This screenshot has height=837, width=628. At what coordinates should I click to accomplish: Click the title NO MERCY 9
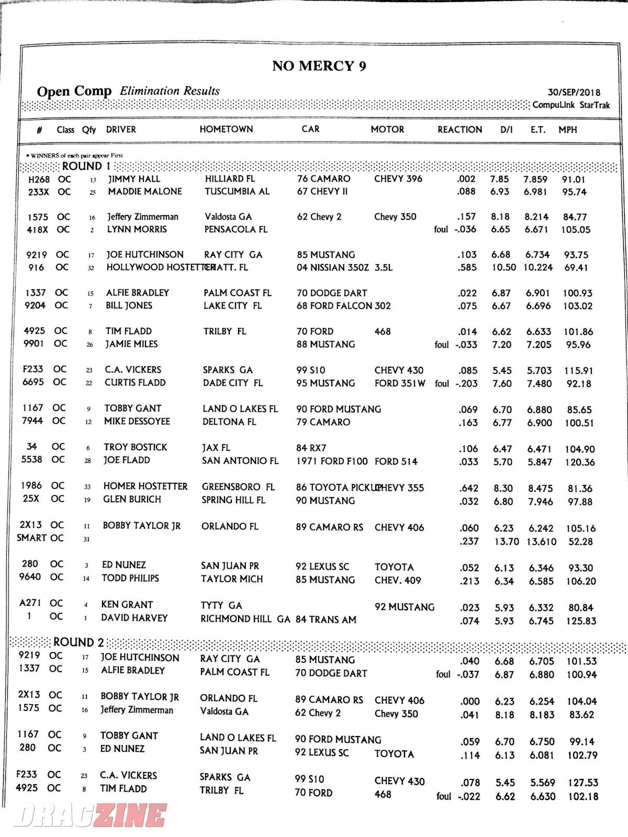pyautogui.click(x=319, y=66)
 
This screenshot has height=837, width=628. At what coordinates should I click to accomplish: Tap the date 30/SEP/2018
pyautogui.click(x=574, y=93)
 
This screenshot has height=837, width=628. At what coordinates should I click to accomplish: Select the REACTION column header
pyautogui.click(x=459, y=129)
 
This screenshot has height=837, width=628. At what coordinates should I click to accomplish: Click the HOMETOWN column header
pyautogui.click(x=226, y=129)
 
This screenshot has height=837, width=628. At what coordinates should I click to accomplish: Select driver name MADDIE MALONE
pyautogui.click(x=145, y=191)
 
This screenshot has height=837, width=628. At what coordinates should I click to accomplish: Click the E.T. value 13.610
pyautogui.click(x=541, y=541)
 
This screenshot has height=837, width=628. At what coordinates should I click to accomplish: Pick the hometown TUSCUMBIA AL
pyautogui.click(x=237, y=191)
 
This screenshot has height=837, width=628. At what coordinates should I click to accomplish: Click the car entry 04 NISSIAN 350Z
pyautogui.click(x=332, y=268)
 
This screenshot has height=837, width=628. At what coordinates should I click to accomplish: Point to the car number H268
pyautogui.click(x=39, y=179)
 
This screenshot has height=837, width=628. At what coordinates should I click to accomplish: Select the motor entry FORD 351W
pyautogui.click(x=400, y=383)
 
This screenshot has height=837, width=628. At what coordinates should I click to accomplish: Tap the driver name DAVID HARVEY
pyautogui.click(x=134, y=618)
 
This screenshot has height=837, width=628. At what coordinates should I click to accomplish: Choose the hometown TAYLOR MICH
pyautogui.click(x=232, y=579)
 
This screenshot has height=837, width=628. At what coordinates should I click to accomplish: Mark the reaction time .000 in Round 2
pyautogui.click(x=469, y=701)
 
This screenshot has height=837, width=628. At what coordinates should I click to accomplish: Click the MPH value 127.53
pyautogui.click(x=582, y=783)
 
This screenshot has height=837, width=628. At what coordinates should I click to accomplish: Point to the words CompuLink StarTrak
pyautogui.click(x=571, y=105)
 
